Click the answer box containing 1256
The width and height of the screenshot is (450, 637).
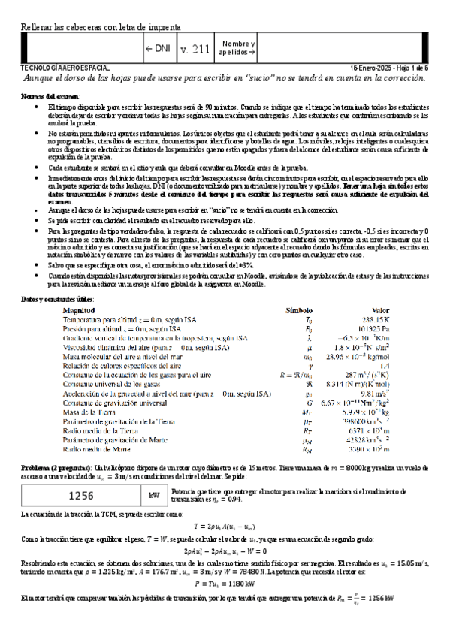pyautogui.click(x=80, y=495)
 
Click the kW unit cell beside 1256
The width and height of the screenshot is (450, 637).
pyautogui.click(x=154, y=495)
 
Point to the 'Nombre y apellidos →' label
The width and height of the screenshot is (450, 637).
pyautogui.click(x=238, y=49)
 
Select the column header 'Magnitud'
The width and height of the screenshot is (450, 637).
pyautogui.click(x=79, y=310)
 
